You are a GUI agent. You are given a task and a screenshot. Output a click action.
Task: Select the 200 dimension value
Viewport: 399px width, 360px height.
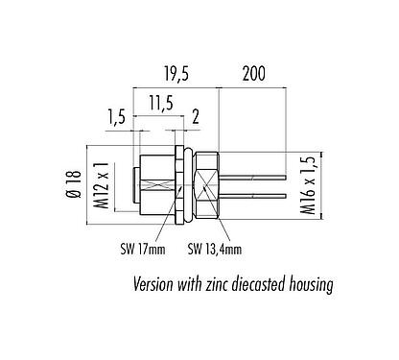(253, 73)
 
